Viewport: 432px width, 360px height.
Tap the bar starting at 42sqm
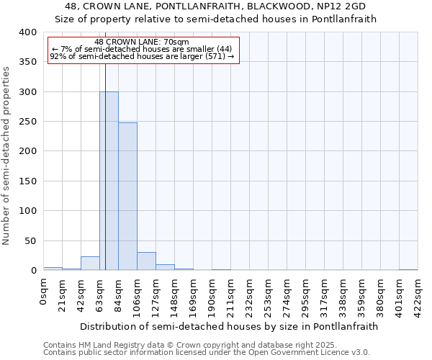click(90, 264)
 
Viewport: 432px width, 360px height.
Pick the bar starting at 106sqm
click(146, 261)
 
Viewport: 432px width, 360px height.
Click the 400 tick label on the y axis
click(27, 32)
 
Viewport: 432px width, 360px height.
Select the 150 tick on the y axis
click(27, 181)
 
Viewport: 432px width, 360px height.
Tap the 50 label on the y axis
click(30, 240)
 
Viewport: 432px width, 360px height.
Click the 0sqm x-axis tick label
click(44, 291)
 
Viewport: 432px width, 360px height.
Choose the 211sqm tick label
click(231, 293)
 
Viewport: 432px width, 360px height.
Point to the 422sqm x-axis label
click(418, 293)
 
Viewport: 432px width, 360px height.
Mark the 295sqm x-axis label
click(306, 293)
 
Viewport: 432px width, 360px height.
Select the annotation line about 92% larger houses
click(142, 56)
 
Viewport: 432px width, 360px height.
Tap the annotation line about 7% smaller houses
click(142, 49)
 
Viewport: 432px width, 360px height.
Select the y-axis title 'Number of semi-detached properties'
click(6, 156)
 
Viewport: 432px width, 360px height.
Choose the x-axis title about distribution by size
click(228, 326)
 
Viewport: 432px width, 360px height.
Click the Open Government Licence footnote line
click(207, 353)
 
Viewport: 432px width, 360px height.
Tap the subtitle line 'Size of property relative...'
click(216, 19)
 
